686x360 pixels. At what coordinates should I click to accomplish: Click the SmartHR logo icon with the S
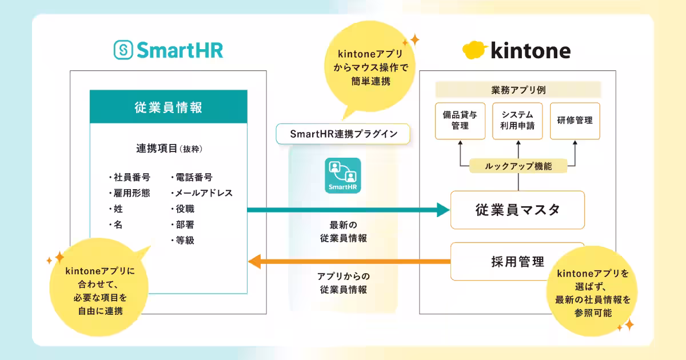click(x=123, y=50)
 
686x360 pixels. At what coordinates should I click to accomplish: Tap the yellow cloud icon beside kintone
click(x=474, y=50)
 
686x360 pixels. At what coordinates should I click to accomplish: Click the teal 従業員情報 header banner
click(x=169, y=107)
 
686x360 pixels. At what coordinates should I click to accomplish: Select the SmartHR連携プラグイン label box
click(x=343, y=134)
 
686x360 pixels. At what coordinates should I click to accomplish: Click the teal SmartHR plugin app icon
click(x=342, y=175)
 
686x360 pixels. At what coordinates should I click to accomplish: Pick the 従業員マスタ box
click(x=517, y=210)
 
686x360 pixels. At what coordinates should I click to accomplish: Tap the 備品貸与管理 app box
click(x=460, y=121)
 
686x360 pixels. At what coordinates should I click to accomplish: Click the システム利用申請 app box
click(x=517, y=121)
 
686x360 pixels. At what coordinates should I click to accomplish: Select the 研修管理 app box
click(x=575, y=121)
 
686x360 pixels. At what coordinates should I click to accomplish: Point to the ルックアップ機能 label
click(x=518, y=166)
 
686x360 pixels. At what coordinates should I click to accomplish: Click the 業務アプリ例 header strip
click(x=518, y=90)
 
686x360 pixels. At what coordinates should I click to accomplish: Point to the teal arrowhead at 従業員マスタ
click(x=443, y=210)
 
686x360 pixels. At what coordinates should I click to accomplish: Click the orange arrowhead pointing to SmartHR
click(x=254, y=262)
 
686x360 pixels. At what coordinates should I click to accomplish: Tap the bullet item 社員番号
click(x=130, y=177)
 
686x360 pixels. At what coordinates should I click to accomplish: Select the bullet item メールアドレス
click(x=202, y=193)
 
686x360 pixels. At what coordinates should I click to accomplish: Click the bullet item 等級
click(x=183, y=241)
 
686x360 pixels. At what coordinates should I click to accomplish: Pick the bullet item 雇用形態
click(x=130, y=193)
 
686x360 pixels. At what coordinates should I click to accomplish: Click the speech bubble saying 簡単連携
click(x=370, y=67)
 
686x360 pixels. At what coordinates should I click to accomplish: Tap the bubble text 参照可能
click(x=593, y=313)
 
